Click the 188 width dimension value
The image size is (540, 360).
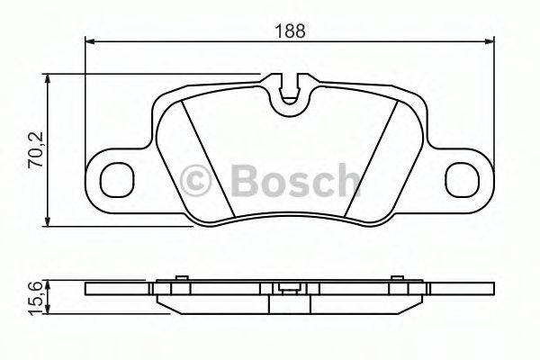tap(289, 29)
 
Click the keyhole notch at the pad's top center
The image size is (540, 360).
tap(289, 91)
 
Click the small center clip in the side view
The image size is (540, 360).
tap(289, 289)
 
